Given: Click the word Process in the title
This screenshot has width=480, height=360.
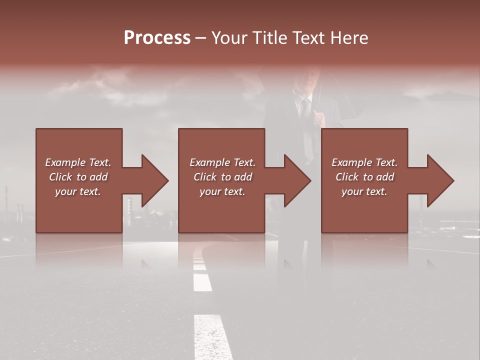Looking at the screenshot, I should pyautogui.click(x=157, y=38).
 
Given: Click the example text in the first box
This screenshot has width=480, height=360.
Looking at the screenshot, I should pyautogui.click(x=78, y=177).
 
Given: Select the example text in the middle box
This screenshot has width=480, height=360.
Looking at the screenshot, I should pyautogui.click(x=222, y=177).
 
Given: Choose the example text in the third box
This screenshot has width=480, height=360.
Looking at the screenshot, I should pyautogui.click(x=364, y=177).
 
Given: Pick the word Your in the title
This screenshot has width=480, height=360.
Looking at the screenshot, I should pyautogui.click(x=229, y=38).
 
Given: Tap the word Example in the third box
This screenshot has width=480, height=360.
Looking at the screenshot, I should pyautogui.click(x=351, y=162).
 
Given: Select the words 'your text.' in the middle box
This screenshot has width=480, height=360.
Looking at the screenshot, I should pyautogui.click(x=222, y=191).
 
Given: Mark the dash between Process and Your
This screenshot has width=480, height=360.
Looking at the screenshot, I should pyautogui.click(x=201, y=38).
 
